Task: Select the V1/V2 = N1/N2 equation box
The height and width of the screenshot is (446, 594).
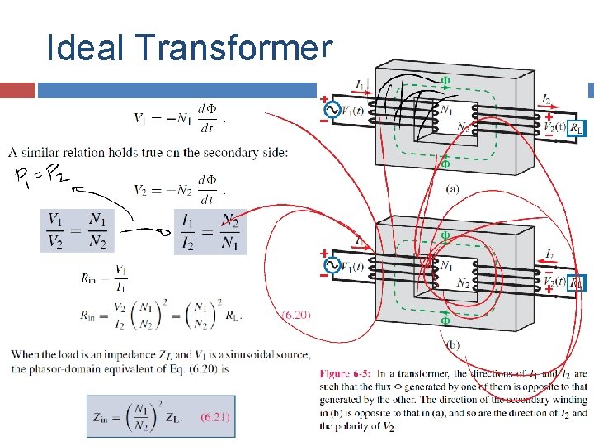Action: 75,230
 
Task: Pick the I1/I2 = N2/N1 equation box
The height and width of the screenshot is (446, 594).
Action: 211,230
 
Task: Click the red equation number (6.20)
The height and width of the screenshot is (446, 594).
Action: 296,315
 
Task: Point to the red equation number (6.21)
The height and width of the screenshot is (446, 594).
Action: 215,417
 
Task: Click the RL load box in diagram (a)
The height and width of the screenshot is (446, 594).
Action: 578,128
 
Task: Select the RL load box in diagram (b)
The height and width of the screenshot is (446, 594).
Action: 578,282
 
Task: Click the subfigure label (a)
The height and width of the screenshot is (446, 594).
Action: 452,188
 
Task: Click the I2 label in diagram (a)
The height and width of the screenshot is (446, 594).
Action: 546,100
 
